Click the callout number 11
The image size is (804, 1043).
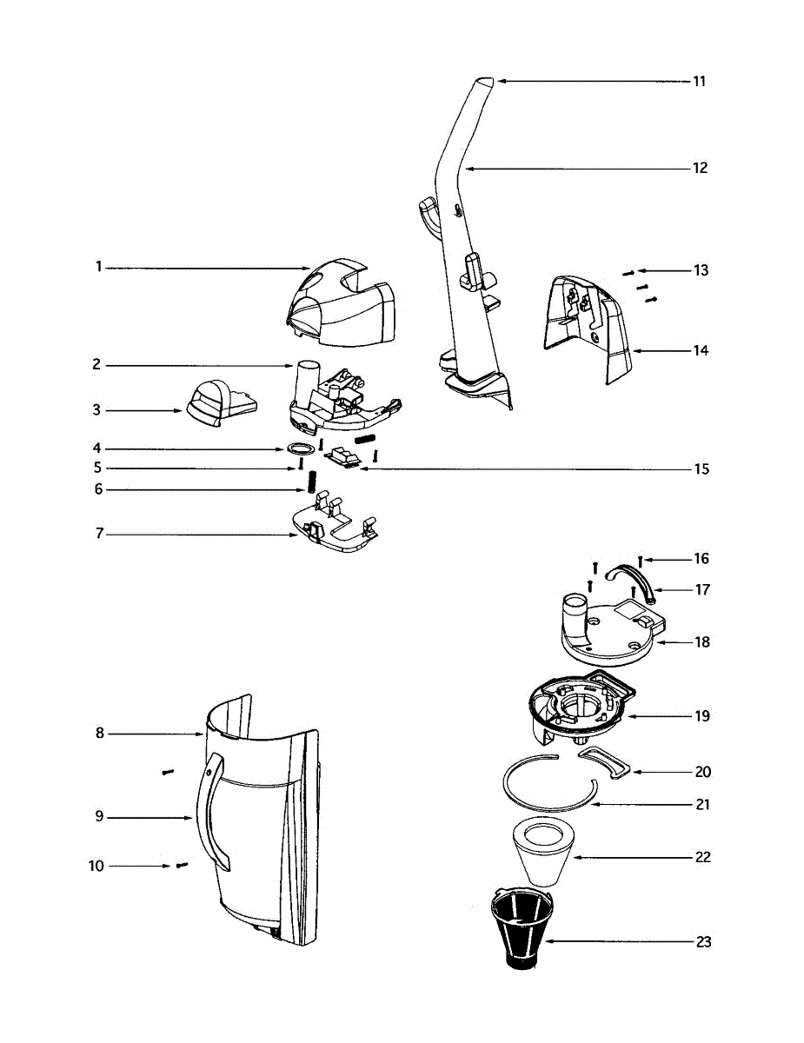pyautogui.click(x=699, y=82)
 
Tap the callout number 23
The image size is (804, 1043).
pyautogui.click(x=703, y=942)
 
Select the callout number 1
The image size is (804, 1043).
pyautogui.click(x=99, y=267)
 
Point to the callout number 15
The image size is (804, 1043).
pyautogui.click(x=701, y=469)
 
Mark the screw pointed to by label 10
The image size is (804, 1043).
pyautogui.click(x=182, y=865)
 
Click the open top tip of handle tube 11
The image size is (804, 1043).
pyautogui.click(x=487, y=80)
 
